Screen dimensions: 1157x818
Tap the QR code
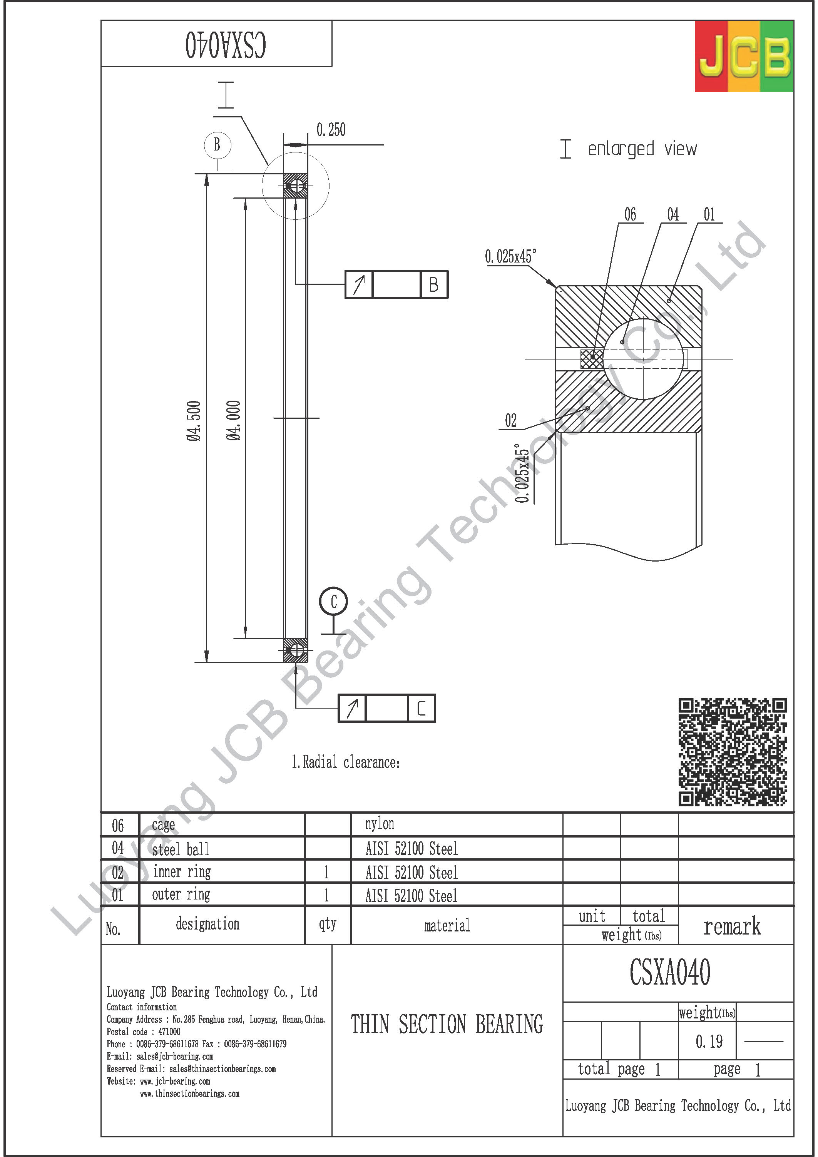tap(732, 751)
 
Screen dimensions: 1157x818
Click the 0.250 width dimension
tap(331, 130)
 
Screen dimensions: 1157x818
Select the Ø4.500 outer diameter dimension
tap(194, 421)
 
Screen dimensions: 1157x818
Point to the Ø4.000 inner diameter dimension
tap(233, 421)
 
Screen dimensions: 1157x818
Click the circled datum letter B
tap(217, 145)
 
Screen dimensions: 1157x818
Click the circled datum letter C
tap(333, 601)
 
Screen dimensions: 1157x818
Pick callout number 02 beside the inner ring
tap(510, 420)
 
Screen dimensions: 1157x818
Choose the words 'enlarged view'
tap(642, 149)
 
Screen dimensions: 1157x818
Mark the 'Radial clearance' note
tap(346, 762)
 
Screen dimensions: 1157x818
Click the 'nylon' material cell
tap(380, 824)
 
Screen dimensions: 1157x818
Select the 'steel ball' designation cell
tap(181, 849)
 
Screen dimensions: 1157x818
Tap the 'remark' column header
tap(732, 926)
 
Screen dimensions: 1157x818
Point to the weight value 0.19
tap(709, 1041)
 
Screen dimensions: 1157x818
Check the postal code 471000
tap(143, 1032)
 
